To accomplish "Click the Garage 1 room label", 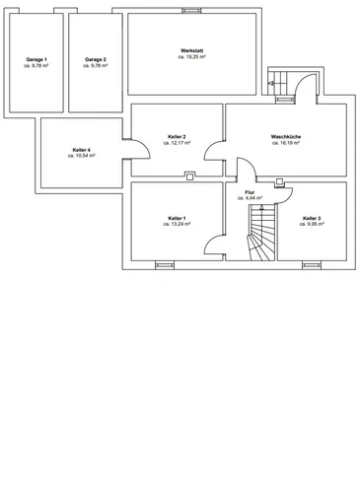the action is coord(36,59).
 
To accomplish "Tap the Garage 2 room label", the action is coord(96,59).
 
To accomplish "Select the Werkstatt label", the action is coord(192,50).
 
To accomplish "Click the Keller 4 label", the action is coord(82,150).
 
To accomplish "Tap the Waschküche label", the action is coord(286,136).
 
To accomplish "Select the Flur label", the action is coord(250,192).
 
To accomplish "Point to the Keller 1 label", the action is coord(178,218).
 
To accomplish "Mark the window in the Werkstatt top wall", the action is coord(191,11).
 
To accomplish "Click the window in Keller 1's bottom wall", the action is coord(165,265).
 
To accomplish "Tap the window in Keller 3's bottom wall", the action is coord(312,265).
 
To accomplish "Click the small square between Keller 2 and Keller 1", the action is coord(189,177).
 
